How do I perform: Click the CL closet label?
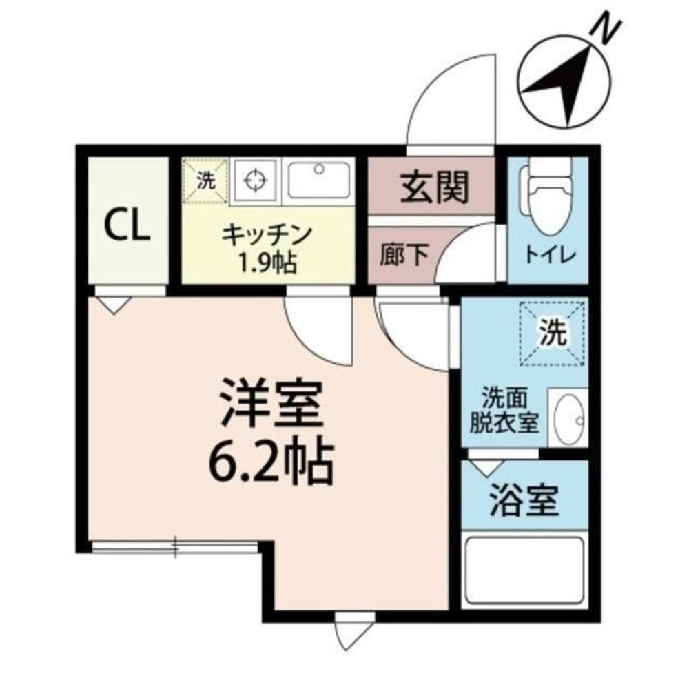[127, 227]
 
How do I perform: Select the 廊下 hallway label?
[403, 256]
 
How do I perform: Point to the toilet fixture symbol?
[548, 189]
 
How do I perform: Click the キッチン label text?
[267, 235]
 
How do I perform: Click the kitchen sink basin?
[320, 181]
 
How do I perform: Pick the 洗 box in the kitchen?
[205, 181]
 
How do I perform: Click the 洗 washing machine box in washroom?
[553, 334]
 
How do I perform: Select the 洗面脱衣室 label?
[503, 412]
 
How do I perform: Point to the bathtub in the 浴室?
[525, 571]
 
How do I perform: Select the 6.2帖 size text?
[271, 461]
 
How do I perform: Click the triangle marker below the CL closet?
[113, 304]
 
